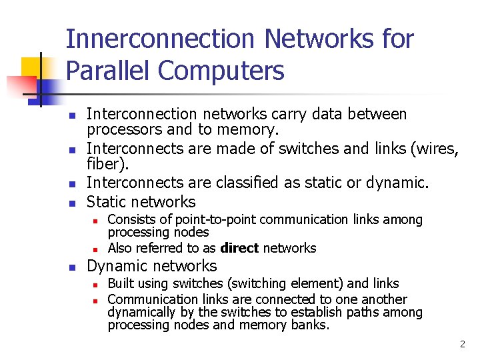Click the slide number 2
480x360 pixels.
(462, 344)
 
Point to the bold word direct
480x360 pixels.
(239, 248)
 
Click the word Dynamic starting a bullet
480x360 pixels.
(115, 266)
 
